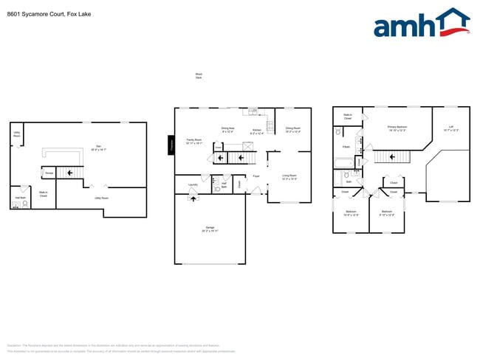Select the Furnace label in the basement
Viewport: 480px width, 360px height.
49,173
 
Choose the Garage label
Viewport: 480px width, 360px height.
210,229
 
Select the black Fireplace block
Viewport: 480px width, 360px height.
171,144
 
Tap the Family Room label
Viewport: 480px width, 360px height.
193,142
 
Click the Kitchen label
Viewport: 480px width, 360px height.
257,131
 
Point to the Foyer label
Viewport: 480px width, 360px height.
256,176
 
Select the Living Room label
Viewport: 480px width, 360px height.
289,177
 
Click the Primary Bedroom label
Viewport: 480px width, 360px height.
397,128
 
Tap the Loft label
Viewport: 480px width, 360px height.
450,128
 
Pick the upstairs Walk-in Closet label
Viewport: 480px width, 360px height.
347,117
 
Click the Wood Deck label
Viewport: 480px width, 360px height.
199,76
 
